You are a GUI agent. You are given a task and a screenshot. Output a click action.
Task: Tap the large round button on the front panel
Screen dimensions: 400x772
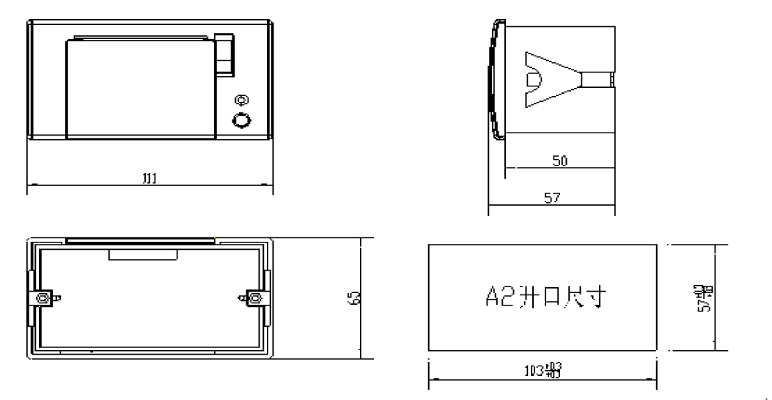pos(240,120)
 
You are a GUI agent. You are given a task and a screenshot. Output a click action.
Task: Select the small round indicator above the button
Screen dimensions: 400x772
pos(240,100)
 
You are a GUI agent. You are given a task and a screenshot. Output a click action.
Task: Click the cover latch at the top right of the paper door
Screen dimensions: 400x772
pos(225,54)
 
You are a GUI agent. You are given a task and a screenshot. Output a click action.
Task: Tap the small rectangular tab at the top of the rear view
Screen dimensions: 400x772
pos(143,254)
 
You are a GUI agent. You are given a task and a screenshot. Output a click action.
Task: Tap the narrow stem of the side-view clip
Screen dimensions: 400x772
pos(596,78)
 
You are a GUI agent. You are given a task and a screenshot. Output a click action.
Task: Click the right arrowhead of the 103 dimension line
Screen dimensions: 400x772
pos(654,379)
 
